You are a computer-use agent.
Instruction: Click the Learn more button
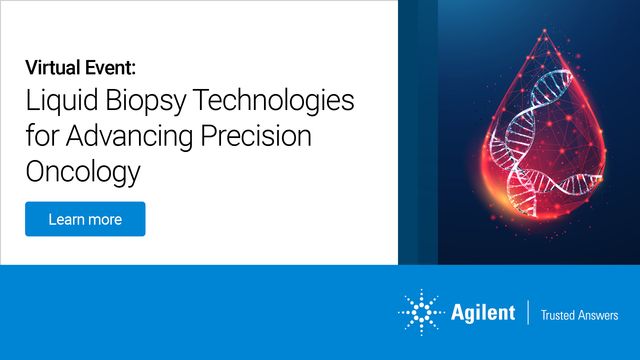click(85, 219)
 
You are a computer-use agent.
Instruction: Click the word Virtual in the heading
click(54, 68)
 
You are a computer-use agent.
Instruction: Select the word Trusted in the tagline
click(559, 314)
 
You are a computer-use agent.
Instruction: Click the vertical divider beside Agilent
click(527, 312)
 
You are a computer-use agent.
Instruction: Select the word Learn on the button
click(64, 219)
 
